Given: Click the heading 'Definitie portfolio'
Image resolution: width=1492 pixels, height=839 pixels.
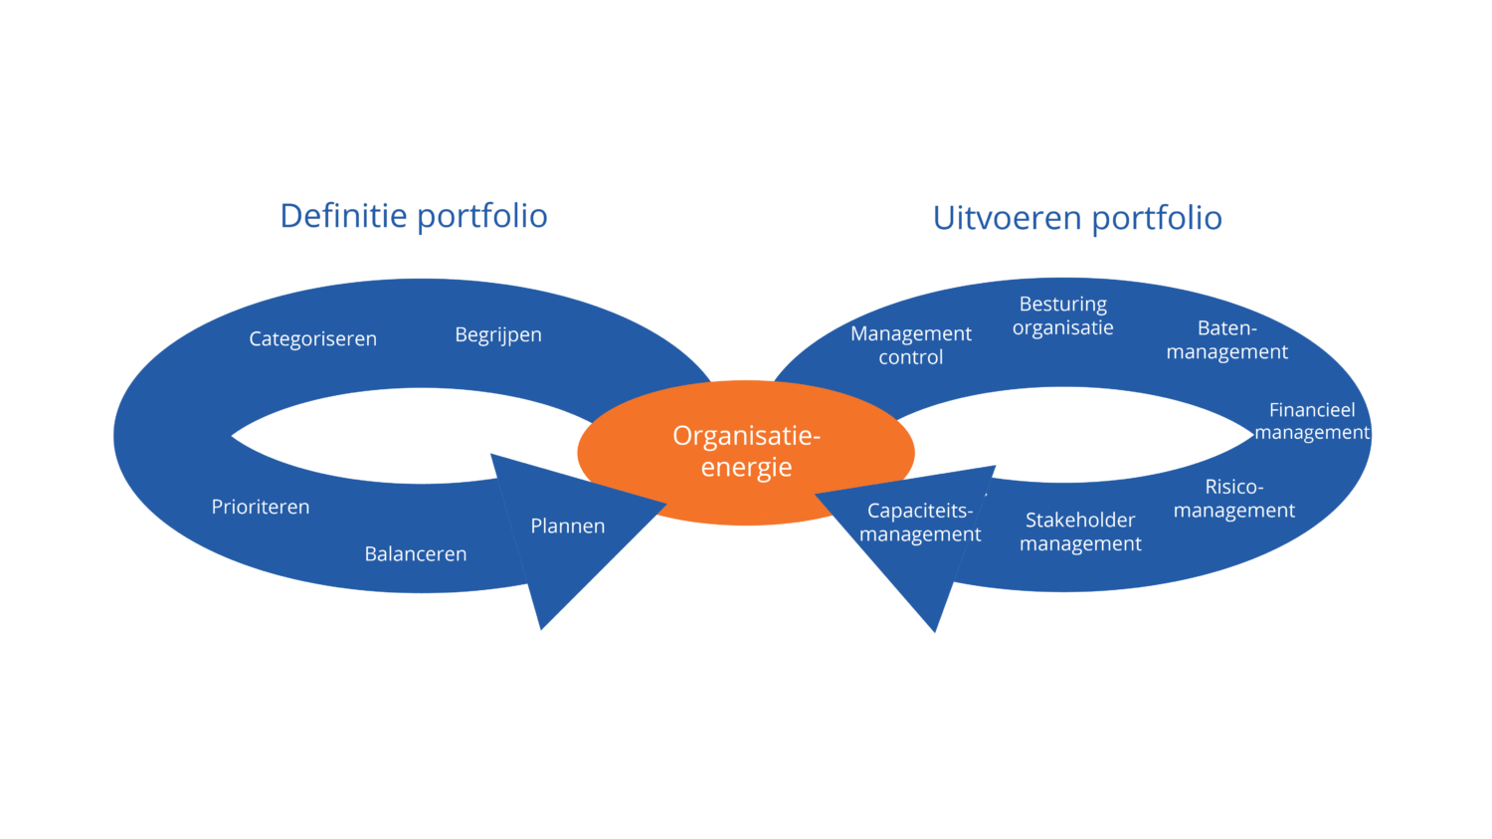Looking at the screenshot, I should (414, 216).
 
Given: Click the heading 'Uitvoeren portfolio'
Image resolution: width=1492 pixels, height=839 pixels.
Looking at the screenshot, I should (1077, 218).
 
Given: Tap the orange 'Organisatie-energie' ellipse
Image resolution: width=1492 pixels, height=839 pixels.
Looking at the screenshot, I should (746, 452).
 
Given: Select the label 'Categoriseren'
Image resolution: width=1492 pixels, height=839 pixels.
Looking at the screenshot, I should (312, 339).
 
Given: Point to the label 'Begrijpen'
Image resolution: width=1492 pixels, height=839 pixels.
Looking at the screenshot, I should (498, 335).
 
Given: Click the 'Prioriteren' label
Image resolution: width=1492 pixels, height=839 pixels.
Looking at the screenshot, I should (261, 508).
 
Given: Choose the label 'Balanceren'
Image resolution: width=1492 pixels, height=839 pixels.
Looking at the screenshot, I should (416, 554).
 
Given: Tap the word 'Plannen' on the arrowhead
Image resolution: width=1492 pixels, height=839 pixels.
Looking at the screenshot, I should (567, 526).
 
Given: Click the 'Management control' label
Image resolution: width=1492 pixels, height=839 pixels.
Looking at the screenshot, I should (911, 345).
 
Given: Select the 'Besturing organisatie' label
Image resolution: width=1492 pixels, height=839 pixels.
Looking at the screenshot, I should (1062, 315).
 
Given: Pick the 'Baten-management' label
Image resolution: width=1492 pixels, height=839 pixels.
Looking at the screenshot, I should (1226, 340).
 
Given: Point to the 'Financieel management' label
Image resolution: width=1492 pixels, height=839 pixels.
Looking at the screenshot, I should (1311, 421).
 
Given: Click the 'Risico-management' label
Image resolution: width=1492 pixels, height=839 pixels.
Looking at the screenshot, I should (1233, 499).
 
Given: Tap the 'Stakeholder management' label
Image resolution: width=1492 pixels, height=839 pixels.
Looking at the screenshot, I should (1080, 531).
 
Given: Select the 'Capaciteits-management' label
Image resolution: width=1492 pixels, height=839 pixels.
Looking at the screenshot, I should (920, 523).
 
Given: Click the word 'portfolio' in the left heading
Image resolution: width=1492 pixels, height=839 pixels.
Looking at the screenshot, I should (481, 216).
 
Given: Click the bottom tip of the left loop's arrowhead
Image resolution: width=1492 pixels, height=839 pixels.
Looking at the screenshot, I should (542, 626).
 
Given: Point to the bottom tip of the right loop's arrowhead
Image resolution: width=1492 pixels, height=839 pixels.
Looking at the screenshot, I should (934, 628).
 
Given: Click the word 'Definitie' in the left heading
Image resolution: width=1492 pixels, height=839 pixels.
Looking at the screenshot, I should (343, 216).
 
